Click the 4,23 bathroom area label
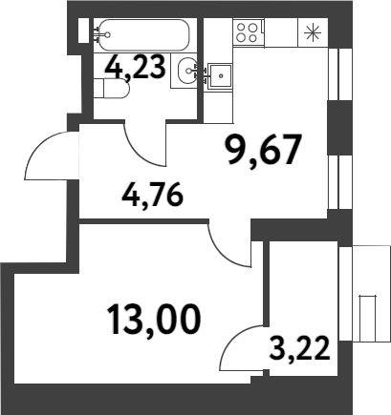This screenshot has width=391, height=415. coord(136,67)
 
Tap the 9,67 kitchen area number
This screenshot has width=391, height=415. coord(264,151)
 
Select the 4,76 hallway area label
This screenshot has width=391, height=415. coord(153,195)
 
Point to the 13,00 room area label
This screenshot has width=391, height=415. coord(155,320)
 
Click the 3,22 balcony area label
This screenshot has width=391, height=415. coord(299,349)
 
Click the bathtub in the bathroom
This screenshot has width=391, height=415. coord(144,35)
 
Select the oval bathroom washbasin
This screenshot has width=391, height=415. coord(187,71)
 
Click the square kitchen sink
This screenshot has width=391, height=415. coord(220,76)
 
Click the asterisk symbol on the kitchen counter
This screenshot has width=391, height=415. coord(313,32)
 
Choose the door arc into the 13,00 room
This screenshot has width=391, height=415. coord(222,250)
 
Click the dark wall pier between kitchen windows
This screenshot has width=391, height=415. coord(339,128)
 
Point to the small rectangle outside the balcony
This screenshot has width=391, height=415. coord(368,318)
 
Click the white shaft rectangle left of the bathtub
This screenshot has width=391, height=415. coord(83,31)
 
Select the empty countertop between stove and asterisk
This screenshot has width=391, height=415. coord(281,32)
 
